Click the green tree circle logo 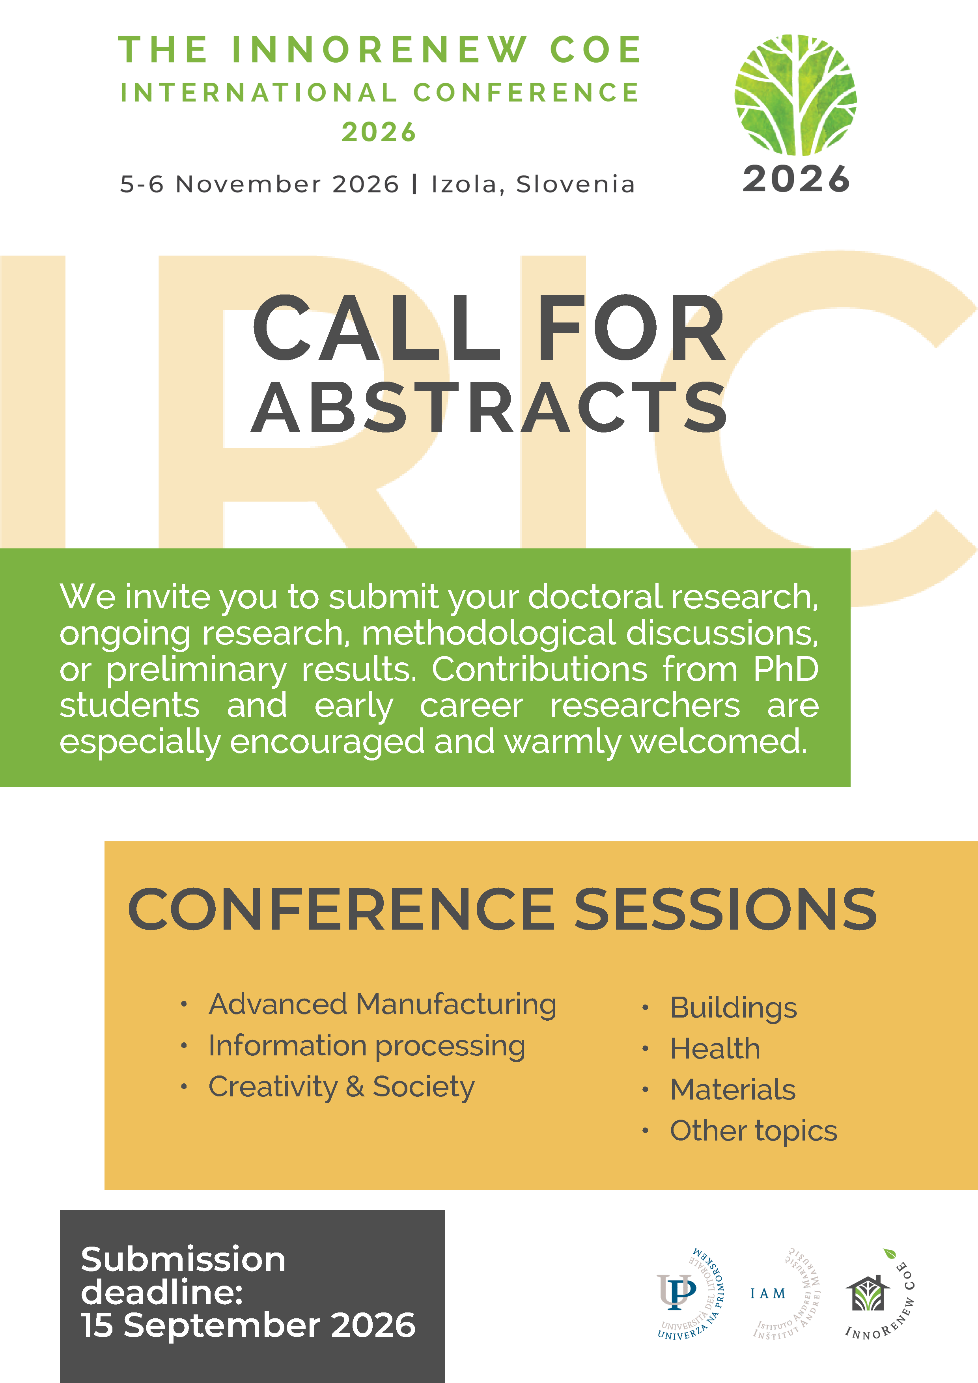coord(795,95)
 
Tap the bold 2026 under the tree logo coord(796,179)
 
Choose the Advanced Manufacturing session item coord(383,1005)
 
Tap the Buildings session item coord(733,1008)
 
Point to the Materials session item coord(733,1089)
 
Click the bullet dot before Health coord(645,1049)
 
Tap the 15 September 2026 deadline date coord(248,1325)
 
